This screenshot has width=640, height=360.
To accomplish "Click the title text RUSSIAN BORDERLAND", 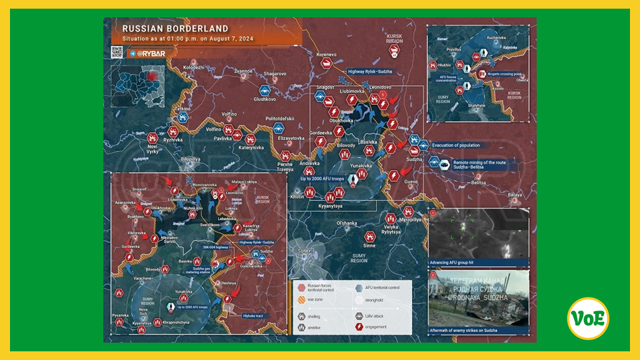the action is pyautogui.click(x=175, y=29).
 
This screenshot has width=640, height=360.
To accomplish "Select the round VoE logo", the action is pyautogui.click(x=588, y=318).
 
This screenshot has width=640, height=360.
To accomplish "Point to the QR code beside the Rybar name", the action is pyautogui.click(x=117, y=51).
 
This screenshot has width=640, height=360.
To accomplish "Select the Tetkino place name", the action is pyautogui.click(x=183, y=109).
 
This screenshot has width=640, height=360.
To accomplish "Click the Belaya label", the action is pyautogui.click(x=515, y=195).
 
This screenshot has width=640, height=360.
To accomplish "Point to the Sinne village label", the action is pyautogui.click(x=387, y=246).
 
